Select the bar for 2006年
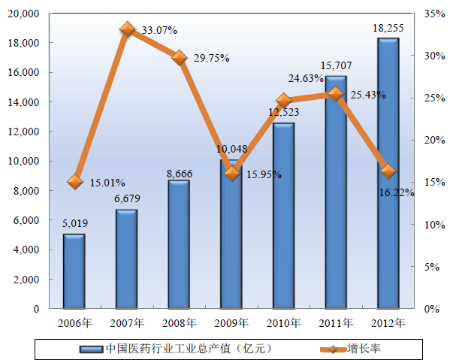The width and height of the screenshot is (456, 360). [74, 271]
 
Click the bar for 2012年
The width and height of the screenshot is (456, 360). [388, 173]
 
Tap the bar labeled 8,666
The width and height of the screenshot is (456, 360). [178, 244]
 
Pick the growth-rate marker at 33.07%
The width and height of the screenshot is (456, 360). [127, 29]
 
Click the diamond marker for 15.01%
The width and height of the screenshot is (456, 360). [74, 181]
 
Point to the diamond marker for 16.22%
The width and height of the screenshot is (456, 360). [388, 171]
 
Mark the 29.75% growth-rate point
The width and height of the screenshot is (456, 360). [179, 57]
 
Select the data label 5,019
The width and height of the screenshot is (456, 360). [74, 222]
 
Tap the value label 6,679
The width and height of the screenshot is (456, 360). [126, 198]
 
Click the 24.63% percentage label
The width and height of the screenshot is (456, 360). [306, 77]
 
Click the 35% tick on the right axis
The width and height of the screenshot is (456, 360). [433, 14]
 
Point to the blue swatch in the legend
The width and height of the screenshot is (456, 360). [91, 349]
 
